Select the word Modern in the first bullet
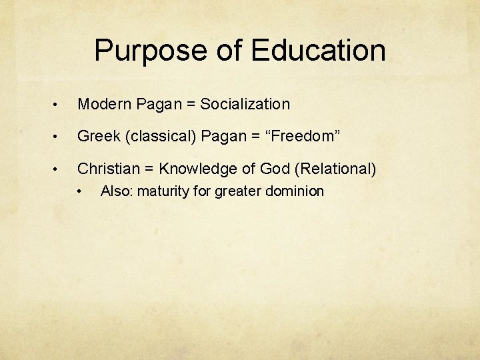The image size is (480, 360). [x=104, y=104]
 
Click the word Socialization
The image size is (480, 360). [x=245, y=104]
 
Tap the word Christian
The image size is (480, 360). [x=107, y=169]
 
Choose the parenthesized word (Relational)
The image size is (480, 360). [x=335, y=169]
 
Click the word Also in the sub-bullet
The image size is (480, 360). [x=115, y=192]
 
